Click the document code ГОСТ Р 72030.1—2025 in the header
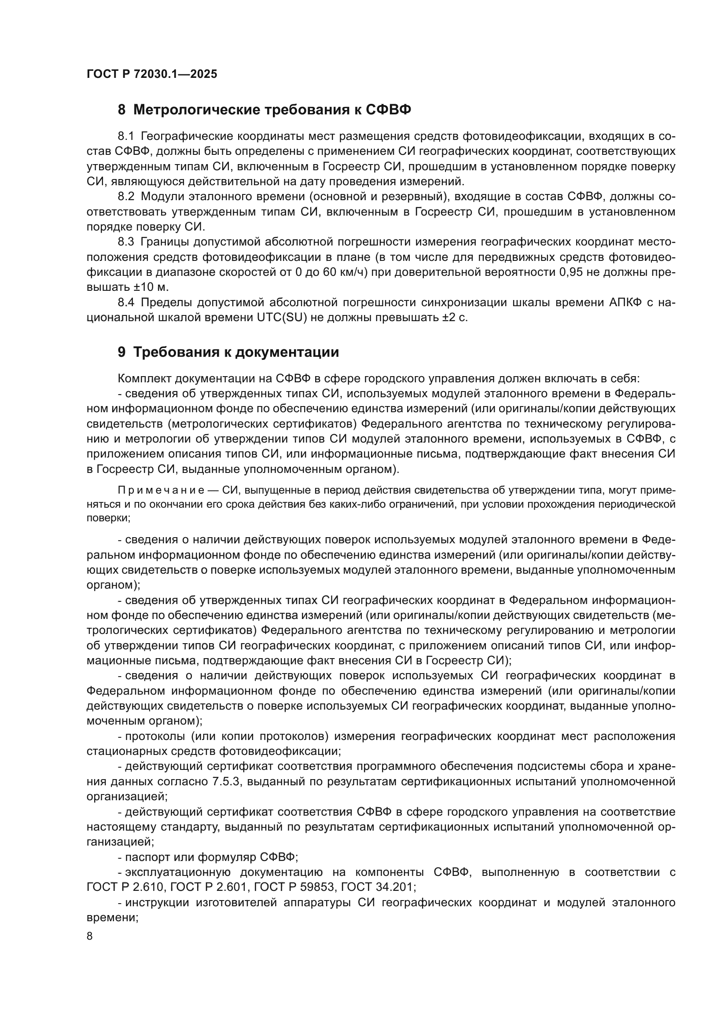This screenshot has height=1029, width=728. click(151, 74)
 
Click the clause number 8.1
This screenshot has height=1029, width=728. click(126, 136)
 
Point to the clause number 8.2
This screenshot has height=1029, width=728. click(126, 197)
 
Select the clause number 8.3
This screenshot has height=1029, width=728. click(126, 242)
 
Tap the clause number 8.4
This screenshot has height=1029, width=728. click(126, 303)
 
